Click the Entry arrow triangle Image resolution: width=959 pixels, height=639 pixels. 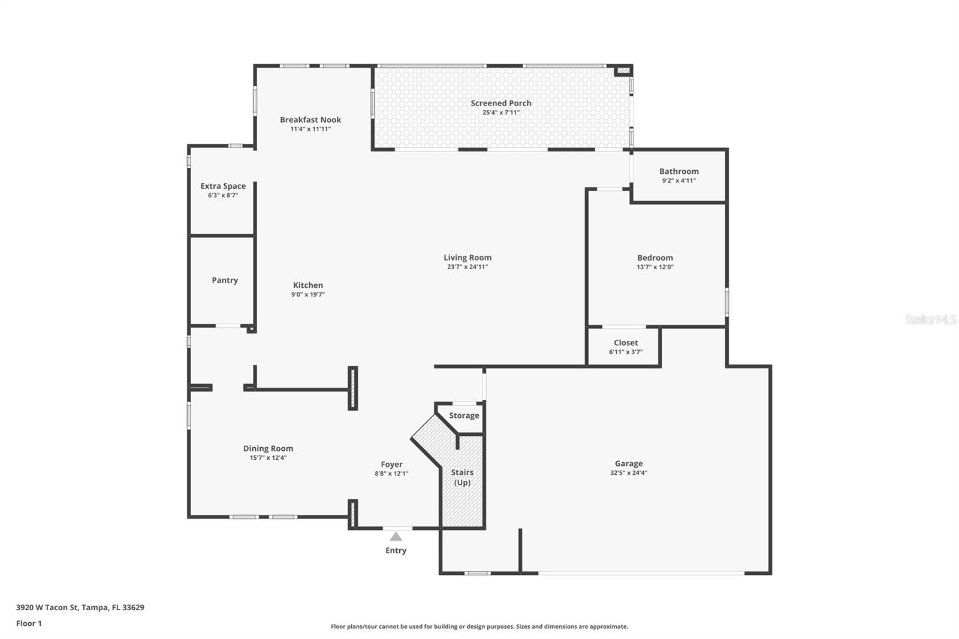(396, 536)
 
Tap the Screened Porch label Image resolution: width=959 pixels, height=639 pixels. (500, 103)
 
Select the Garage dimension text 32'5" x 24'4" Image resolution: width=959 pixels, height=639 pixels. (628, 472)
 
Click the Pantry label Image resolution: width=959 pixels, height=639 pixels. (225, 280)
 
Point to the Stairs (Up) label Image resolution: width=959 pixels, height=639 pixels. (462, 477)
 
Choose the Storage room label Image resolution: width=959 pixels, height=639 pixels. (464, 415)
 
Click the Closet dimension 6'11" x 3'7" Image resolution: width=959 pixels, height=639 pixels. (626, 352)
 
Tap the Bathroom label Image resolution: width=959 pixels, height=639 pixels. (678, 171)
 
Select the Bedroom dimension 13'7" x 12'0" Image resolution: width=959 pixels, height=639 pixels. (655, 267)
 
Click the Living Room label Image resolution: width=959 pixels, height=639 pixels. (467, 257)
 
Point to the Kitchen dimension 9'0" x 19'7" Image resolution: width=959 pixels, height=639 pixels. (307, 294)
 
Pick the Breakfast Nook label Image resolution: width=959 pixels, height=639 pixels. (310, 119)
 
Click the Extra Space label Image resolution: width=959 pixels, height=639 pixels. (222, 186)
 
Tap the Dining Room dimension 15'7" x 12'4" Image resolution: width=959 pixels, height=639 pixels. (268, 457)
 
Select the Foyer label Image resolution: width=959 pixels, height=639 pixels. (391, 464)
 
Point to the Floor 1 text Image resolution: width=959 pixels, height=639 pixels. (29, 623)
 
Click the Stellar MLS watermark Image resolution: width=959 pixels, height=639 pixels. (930, 319)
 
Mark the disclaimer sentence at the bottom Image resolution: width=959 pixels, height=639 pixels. (479, 626)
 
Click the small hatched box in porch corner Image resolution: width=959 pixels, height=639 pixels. (623, 70)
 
